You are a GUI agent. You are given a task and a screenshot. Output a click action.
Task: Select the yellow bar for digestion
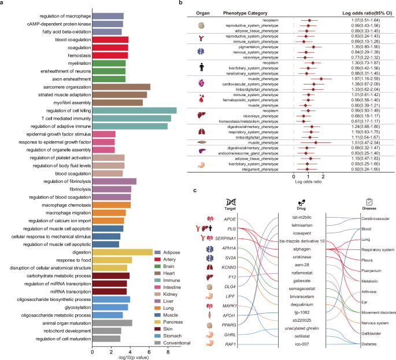point(122,252)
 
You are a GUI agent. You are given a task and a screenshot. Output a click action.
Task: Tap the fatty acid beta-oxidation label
point(61,31)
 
